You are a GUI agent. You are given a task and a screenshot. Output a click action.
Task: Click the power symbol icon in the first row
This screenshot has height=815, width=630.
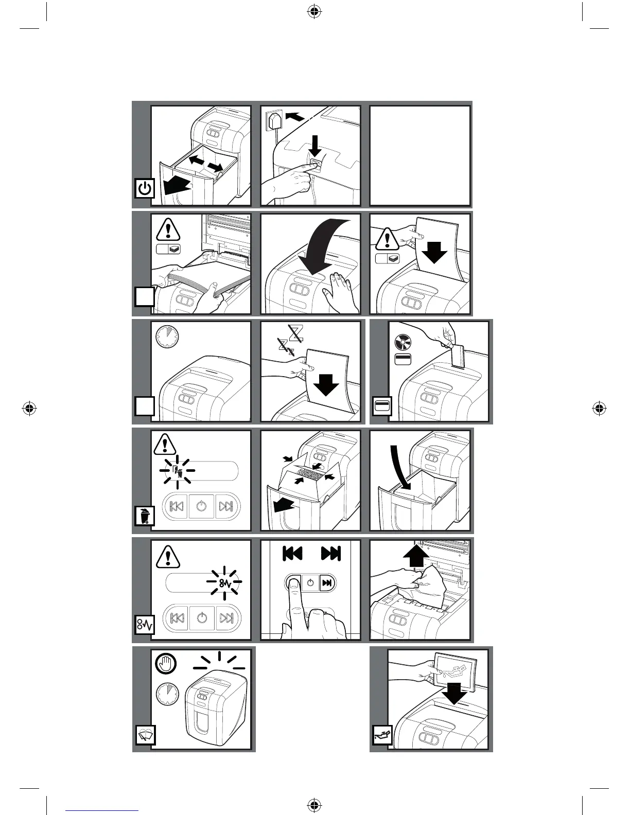145,188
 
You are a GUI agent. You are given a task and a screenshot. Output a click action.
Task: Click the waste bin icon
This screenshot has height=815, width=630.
145,515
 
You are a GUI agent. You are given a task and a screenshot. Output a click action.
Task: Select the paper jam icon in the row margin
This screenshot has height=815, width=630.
145,625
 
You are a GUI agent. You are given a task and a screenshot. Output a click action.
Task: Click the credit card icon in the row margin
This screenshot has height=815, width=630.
382,406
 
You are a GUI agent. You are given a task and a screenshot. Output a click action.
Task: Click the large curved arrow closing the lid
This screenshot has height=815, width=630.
319,247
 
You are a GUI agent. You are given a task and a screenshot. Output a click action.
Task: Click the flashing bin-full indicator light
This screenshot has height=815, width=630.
178,471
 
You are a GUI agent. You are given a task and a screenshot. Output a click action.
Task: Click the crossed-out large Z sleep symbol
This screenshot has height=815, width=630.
296,333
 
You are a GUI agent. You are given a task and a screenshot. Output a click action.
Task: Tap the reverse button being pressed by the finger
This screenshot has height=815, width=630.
293,583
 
